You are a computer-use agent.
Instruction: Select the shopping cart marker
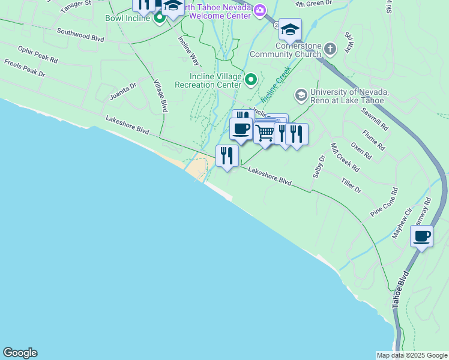click(265, 133)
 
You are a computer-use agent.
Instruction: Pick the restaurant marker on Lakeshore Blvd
click(227, 156)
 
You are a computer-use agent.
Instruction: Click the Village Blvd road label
click(160, 96)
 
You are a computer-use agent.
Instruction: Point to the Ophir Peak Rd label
click(37, 55)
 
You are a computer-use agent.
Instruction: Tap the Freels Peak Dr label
click(25, 68)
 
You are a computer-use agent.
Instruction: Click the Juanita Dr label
click(123, 91)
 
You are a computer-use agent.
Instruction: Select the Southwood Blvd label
click(80, 36)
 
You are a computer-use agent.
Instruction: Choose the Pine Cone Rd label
click(384, 203)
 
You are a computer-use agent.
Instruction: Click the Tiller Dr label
click(351, 185)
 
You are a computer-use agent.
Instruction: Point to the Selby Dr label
click(319, 167)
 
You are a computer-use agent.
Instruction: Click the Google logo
click(20, 353)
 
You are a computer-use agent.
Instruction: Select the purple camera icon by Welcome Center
click(259, 10)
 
